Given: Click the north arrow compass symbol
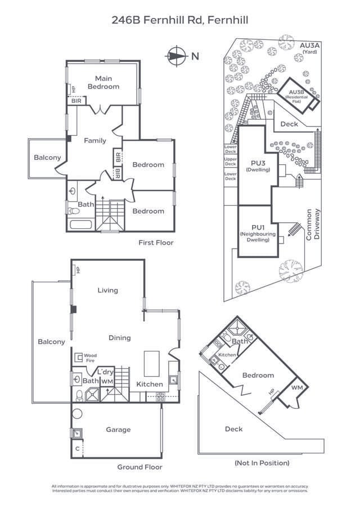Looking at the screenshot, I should (x=176, y=55).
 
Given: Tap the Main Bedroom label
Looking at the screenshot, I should (x=103, y=82).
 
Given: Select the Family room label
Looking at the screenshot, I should (x=95, y=141).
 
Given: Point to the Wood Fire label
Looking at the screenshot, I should (x=90, y=358).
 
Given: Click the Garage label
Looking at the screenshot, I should (x=118, y=430).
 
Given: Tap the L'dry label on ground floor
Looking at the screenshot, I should (x=106, y=372).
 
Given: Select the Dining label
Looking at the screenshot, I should (x=119, y=337).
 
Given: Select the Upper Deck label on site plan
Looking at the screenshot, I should (x=230, y=162).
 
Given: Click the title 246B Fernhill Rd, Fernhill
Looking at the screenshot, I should (x=180, y=21).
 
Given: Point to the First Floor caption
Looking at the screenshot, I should (x=156, y=242).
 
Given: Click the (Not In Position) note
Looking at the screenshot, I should (x=262, y=463).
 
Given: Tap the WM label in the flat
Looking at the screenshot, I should (x=296, y=388).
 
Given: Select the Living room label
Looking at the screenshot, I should (x=107, y=290).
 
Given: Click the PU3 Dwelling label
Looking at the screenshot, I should (x=258, y=166).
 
